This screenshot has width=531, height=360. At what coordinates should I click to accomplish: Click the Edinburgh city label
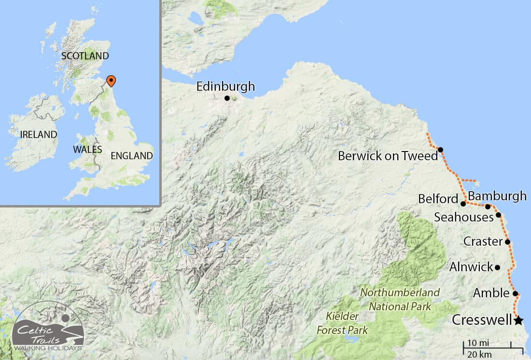225,87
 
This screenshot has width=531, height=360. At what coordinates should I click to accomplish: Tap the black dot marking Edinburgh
227,98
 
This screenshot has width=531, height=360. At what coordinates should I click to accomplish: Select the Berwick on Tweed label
388,156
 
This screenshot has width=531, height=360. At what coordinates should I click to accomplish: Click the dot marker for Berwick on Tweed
440,150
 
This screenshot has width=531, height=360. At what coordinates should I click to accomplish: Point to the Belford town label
438,199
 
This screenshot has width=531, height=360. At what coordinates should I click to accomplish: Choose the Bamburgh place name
497,196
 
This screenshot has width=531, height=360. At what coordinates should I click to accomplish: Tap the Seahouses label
463,217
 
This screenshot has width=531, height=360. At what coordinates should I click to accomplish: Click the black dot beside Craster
507,242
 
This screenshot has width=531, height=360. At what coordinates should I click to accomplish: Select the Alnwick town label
471,267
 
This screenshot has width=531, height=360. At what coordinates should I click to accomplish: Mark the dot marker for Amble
515,293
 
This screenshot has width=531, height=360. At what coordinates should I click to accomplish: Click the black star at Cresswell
518,320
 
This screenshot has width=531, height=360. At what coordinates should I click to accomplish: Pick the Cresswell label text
482,320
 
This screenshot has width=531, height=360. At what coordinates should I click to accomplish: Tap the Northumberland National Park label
400,299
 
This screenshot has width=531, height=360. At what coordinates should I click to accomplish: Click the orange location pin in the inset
111,81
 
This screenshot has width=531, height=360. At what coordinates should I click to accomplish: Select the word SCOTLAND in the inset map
85,55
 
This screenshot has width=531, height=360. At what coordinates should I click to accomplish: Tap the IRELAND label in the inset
39,135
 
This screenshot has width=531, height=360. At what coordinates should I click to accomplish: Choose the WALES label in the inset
87,149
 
